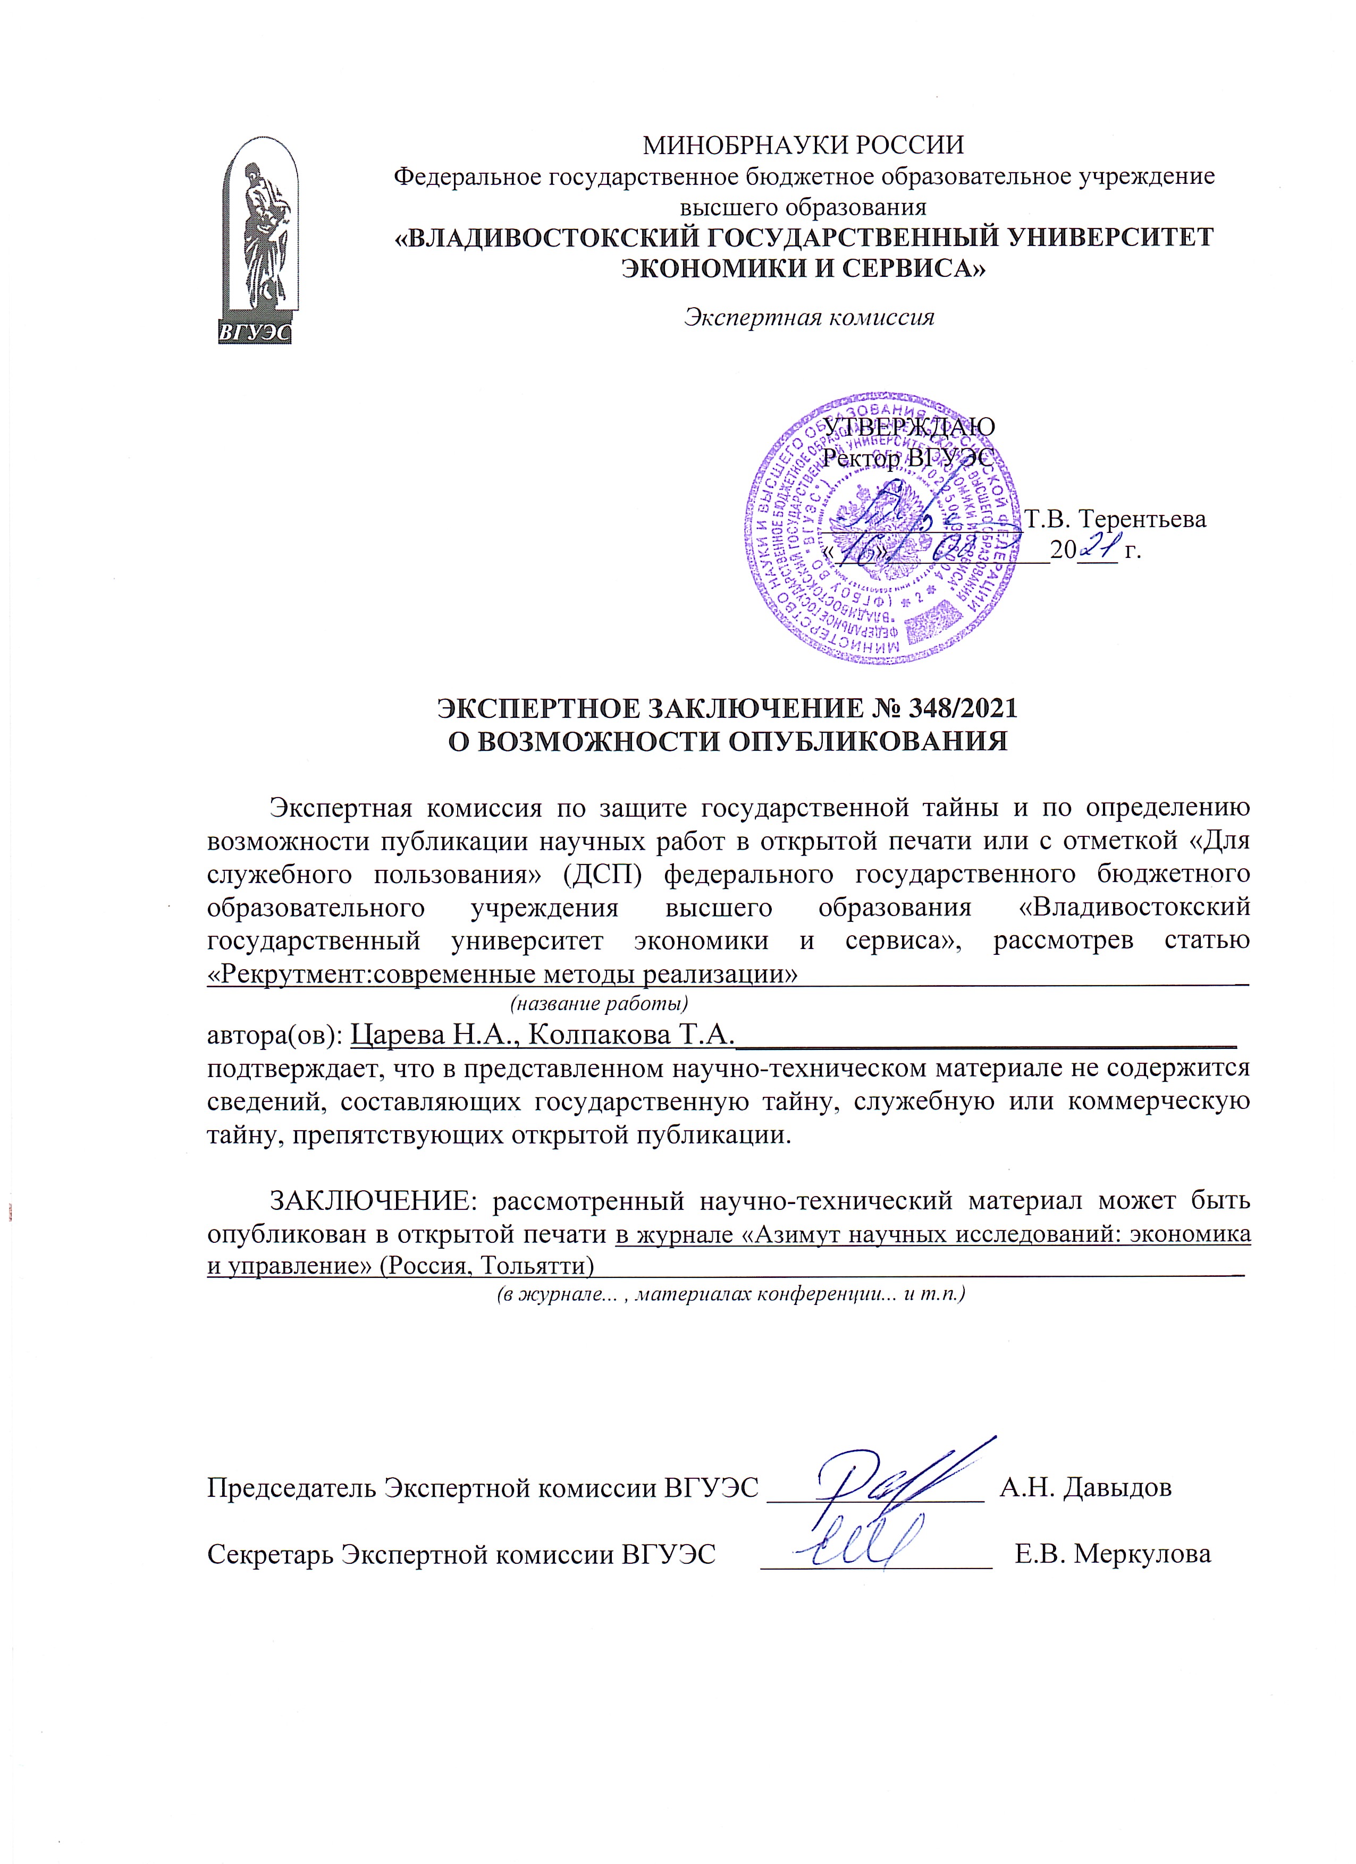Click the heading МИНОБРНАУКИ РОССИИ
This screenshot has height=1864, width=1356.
(x=803, y=146)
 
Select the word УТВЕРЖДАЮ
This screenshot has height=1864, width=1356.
(x=909, y=427)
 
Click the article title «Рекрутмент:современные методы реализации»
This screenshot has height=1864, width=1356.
(x=503, y=975)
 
